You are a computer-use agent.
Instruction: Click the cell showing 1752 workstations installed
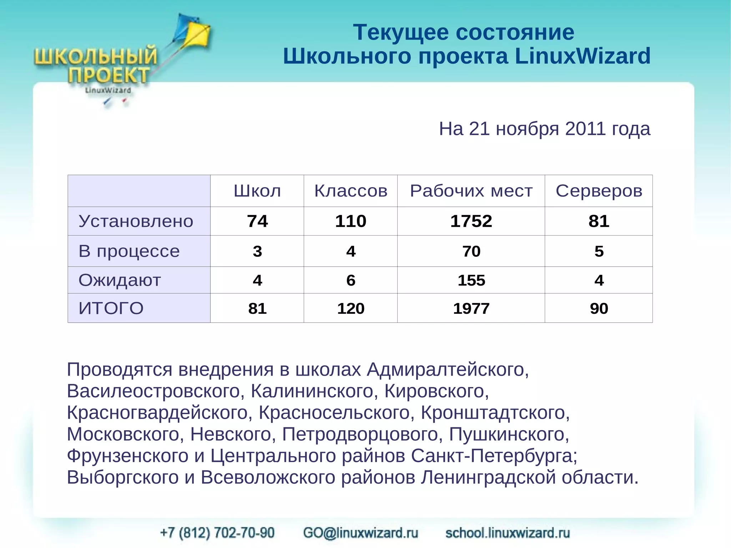coord(471,221)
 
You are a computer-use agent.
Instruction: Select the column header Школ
coord(257,191)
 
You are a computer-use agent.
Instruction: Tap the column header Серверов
coord(599,191)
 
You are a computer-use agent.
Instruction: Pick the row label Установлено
coord(136,221)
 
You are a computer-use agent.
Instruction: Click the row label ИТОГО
coord(111,308)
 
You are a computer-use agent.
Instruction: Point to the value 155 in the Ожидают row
coord(471,280)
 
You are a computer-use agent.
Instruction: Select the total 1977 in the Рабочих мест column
coord(471,308)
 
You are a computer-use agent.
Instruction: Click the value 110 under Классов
coord(351,221)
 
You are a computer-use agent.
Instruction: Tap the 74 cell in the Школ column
coord(257,221)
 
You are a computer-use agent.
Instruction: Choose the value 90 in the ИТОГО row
coord(599,308)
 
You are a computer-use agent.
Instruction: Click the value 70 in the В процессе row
coord(471,251)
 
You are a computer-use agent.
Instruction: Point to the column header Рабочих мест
coord(471,191)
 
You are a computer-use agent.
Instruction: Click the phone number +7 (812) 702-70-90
coord(217,533)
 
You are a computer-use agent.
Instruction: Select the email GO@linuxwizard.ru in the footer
coord(361,533)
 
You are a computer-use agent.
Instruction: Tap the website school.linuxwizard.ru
coord(507,533)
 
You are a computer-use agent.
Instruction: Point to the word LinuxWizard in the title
coord(583,56)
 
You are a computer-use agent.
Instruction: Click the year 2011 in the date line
coord(585,129)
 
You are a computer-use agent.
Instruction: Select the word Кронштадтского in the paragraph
coord(495,413)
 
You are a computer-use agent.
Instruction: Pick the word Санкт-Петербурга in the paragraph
coord(494,456)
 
